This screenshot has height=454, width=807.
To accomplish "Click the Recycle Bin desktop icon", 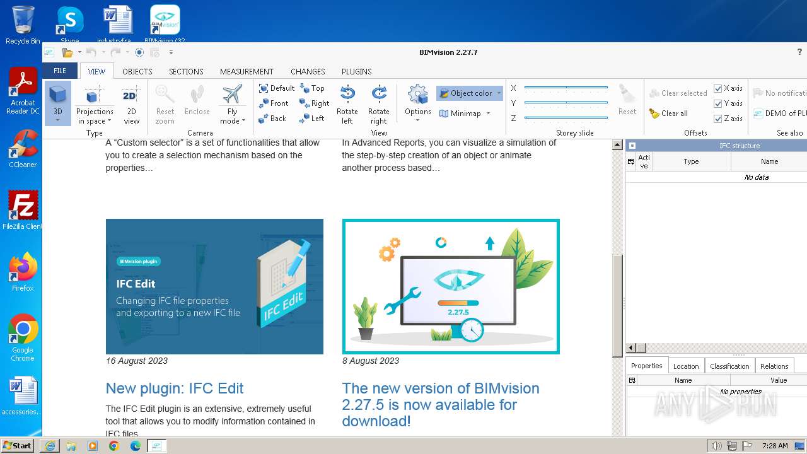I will pos(23,24).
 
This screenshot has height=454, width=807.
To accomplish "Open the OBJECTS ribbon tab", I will pos(137,71).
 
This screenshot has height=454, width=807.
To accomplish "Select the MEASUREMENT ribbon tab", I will pos(247,71).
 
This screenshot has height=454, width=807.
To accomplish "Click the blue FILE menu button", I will pos(60,71).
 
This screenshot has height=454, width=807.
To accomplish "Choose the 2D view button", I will pos(131,105).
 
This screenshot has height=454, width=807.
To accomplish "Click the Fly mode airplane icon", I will pos(232,95).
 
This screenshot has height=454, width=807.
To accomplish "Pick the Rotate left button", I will pos(347,105).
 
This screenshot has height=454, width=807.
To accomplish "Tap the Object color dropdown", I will pos(470,93).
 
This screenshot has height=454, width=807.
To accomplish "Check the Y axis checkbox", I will pos(718,103).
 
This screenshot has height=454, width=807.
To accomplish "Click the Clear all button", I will pos(669,113).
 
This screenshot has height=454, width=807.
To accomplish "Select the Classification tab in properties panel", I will pos(729,366).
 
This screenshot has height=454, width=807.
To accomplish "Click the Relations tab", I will pos(774,366).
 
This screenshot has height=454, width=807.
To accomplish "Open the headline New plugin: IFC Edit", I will pos(175,388).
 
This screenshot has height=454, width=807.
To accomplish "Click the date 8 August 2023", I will pos(371,361).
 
